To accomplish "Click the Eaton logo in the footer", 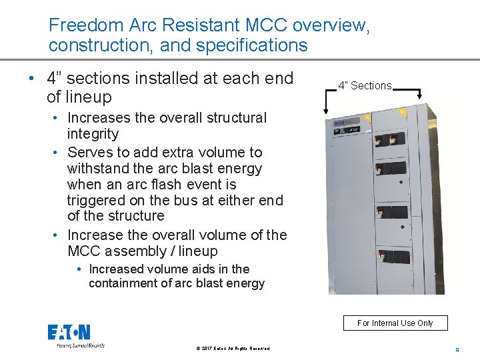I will coord(69,333).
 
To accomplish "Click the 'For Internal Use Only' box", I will coord(395,323).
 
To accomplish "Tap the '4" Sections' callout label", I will coord(365,85).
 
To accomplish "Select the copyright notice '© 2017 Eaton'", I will coord(233,348).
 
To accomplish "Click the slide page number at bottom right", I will coord(457,348).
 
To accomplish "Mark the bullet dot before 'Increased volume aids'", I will coord(79,269).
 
